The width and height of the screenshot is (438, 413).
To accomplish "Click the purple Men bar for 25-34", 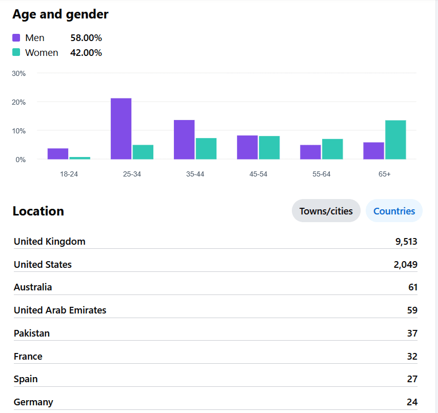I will tap(121, 129).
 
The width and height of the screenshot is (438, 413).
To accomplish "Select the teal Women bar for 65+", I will tap(395, 140).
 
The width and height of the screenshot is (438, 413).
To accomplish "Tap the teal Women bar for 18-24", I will tap(79, 158).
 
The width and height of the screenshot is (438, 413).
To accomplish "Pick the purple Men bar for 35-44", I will tap(184, 140).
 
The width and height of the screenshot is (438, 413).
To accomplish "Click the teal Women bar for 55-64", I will tap(332, 149).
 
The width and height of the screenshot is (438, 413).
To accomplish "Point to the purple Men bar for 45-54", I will tap(247, 147).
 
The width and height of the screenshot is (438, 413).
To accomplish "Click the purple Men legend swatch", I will tap(16, 37).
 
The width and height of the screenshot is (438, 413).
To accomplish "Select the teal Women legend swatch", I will tap(16, 52).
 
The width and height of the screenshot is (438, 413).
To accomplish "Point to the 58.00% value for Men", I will tap(86, 38).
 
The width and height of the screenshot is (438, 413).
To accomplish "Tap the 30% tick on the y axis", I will tap(19, 73).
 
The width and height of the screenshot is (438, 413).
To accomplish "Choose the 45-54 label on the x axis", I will tap(258, 174).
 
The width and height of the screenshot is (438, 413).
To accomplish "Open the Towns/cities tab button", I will tap(326, 211).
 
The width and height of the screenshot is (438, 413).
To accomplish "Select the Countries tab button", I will tap(394, 211).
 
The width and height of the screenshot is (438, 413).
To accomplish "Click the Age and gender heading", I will tap(61, 14).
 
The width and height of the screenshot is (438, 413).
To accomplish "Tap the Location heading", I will tap(38, 211).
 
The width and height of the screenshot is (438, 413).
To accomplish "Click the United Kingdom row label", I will tap(50, 242).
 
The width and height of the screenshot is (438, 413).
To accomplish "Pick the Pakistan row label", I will tap(32, 333).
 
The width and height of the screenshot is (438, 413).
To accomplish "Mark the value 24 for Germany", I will tap(412, 402).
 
